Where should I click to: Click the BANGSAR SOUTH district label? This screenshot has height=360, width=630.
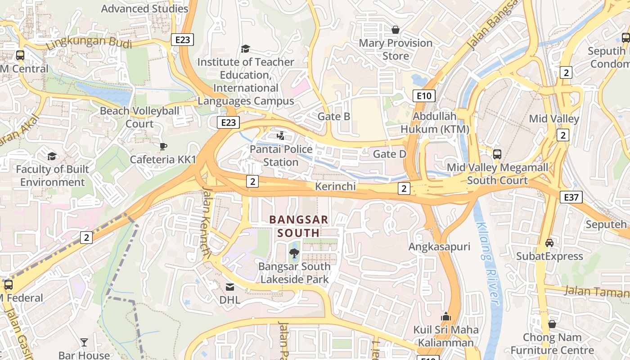pos(298,226)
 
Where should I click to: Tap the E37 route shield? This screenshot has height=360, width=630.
pos(571,197)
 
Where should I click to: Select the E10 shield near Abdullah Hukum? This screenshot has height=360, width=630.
pos(423,95)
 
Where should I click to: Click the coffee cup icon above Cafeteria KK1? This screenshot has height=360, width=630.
pos(163,146)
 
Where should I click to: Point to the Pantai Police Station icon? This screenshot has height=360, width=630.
pos(281,135)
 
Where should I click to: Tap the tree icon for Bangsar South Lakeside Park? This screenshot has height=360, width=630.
pos(294,253)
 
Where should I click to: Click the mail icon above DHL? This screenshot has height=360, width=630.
pos(230,287)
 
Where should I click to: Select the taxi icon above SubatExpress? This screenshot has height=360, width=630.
pos(549,243)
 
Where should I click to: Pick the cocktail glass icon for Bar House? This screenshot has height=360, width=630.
pos(84,342)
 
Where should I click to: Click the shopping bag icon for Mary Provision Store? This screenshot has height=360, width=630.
pos(396,30)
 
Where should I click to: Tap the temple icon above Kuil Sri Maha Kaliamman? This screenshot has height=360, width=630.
pos(446,316)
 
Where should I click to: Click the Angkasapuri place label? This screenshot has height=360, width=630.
pos(439,247)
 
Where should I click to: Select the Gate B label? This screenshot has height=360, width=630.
pos(334,117)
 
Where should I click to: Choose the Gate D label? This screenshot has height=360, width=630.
pos(390,154)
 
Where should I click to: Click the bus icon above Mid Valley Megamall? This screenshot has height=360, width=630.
pos(497,154)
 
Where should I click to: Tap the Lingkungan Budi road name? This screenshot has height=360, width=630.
pos(89,43)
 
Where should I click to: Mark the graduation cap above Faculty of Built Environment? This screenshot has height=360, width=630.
pos(52,156)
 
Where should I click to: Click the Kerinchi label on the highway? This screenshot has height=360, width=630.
pos(336,186)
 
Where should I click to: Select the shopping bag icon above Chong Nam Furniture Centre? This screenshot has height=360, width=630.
pos(552,324)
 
